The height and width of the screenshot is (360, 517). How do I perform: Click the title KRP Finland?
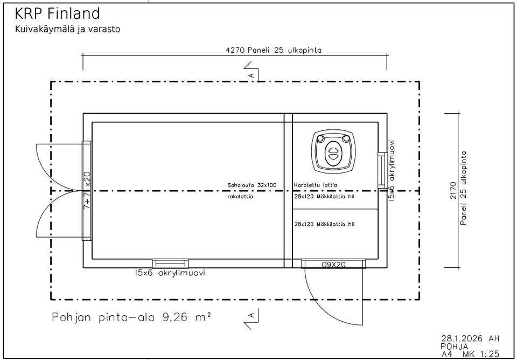click(x=58, y=14)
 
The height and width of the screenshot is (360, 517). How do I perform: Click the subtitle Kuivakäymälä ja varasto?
click(x=68, y=29)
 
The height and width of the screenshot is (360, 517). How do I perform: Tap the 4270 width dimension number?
click(x=234, y=50)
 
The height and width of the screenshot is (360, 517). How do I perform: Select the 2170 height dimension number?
click(x=453, y=190)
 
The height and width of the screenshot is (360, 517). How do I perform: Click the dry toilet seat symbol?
click(x=333, y=151)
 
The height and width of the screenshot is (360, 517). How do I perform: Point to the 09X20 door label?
click(x=333, y=264)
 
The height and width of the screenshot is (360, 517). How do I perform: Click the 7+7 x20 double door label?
click(x=87, y=190)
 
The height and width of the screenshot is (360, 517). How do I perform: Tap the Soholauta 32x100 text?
click(x=252, y=185)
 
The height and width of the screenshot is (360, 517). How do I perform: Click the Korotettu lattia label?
click(x=316, y=185)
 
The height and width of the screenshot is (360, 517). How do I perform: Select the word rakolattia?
click(x=240, y=197)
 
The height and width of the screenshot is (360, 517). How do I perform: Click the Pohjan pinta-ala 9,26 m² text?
click(x=131, y=317)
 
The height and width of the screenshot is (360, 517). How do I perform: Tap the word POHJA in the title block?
click(x=455, y=347)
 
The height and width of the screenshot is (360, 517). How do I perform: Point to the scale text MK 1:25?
click(x=481, y=355)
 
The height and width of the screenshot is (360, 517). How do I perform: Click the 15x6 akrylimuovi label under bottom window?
click(x=170, y=273)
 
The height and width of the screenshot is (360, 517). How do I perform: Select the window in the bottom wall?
click(x=170, y=264)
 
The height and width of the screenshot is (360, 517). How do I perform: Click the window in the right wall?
click(x=382, y=170)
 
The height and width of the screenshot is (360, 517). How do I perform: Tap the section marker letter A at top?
click(x=251, y=75)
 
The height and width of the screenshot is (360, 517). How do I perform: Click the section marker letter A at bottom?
click(x=251, y=315)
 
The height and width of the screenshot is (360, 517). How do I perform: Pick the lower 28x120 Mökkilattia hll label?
click(x=324, y=224)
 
